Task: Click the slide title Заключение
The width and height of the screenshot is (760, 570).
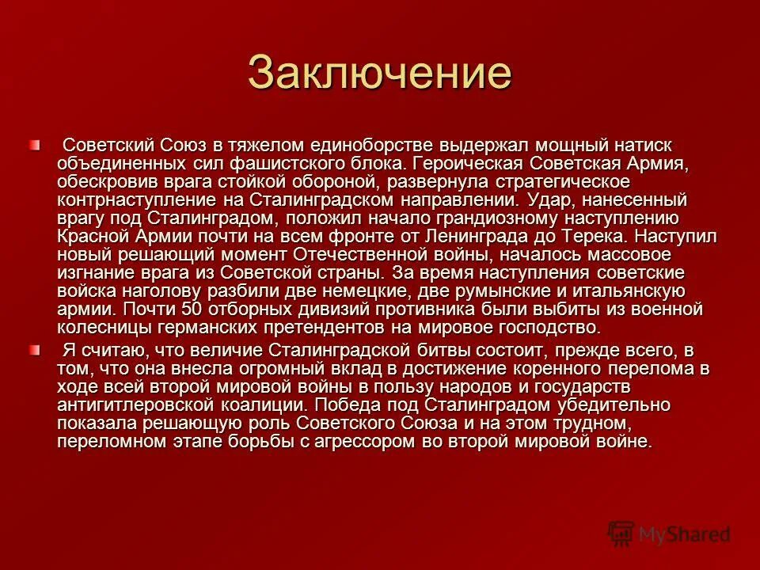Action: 380,73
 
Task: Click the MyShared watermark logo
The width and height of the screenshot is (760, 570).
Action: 670,534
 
